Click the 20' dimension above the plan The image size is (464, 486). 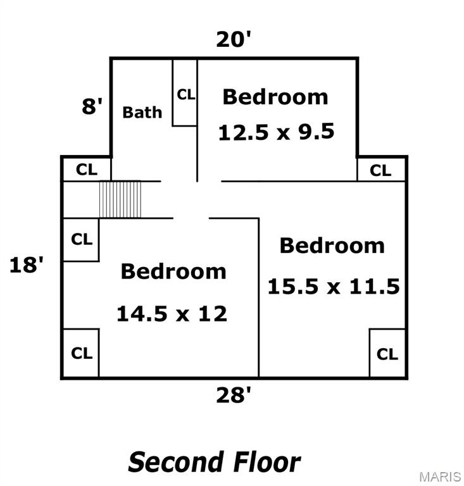click(233, 39)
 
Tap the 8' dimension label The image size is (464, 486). click(92, 106)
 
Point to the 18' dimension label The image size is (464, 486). click(27, 265)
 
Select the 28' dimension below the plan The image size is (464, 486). click(233, 395)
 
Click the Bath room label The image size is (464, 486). click(142, 112)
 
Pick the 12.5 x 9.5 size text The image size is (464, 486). click(276, 132)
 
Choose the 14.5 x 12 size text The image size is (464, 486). click(172, 313)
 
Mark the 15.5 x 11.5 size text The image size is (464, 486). click(334, 286)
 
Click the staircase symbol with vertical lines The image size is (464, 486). click(120, 199)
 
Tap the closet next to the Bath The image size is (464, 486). click(185, 92)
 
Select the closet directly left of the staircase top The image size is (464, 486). click(87, 169)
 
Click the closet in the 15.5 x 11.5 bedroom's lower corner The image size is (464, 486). click(387, 353)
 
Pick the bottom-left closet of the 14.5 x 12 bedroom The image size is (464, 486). click(81, 353)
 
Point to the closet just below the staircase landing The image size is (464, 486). click(81, 240)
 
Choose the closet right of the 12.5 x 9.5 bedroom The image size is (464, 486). click(381, 169)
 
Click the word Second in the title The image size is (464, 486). click(176, 462)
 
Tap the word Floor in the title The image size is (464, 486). click(267, 462)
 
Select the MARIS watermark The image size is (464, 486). click(440, 477)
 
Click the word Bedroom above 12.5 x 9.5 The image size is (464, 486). click(275, 97)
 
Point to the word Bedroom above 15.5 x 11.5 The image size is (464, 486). click(332, 246)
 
